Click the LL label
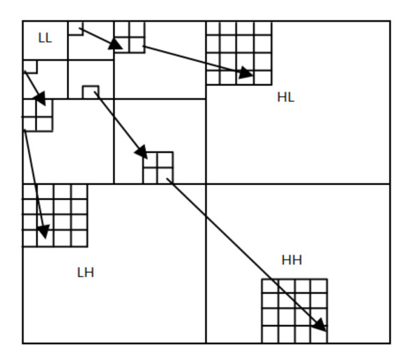45,38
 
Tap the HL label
286,98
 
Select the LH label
86,273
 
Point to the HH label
292,260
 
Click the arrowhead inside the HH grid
321,325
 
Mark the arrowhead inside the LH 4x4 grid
44,231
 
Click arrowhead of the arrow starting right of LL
115,44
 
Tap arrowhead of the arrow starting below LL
40,98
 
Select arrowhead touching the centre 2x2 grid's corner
142,152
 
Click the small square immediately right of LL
76,29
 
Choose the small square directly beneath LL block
30,67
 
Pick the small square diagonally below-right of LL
91,92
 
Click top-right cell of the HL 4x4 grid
263,29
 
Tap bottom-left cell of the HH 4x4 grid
270,334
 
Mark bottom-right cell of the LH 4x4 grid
79,238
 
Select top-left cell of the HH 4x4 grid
270,286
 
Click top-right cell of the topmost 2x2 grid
137,29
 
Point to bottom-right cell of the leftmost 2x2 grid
45,124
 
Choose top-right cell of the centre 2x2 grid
165,160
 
